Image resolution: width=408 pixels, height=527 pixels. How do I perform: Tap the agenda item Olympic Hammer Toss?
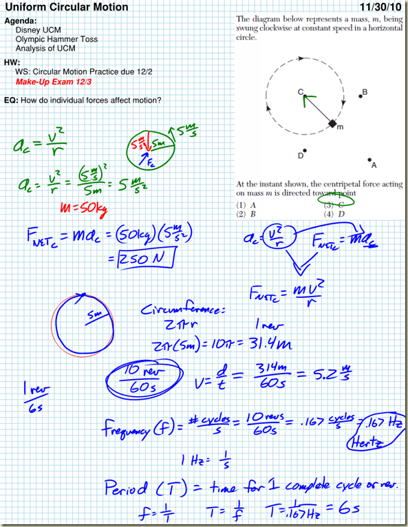(56, 39)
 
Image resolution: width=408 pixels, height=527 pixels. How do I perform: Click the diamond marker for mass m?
(332, 123)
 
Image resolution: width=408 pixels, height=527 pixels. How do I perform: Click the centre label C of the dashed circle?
(301, 92)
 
